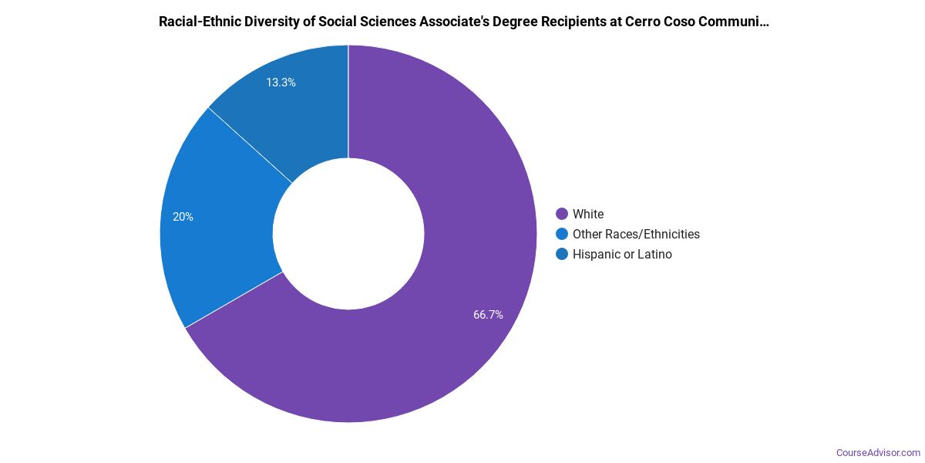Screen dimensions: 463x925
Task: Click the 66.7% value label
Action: [x=488, y=315]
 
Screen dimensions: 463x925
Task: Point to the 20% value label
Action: [x=183, y=217]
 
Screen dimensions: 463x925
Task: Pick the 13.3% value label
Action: [x=281, y=82]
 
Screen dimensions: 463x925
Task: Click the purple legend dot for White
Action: [x=562, y=214]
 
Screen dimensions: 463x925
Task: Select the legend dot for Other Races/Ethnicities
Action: [x=562, y=234]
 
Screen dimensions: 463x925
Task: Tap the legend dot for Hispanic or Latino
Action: [x=562, y=254]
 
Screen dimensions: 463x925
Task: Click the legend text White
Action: [x=588, y=214]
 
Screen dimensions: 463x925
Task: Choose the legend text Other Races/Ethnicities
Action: [x=636, y=234]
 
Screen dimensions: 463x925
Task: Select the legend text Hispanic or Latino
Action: [x=622, y=254]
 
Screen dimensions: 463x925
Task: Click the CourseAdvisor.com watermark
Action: [x=878, y=452]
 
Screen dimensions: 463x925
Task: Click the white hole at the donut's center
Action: [x=348, y=234]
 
